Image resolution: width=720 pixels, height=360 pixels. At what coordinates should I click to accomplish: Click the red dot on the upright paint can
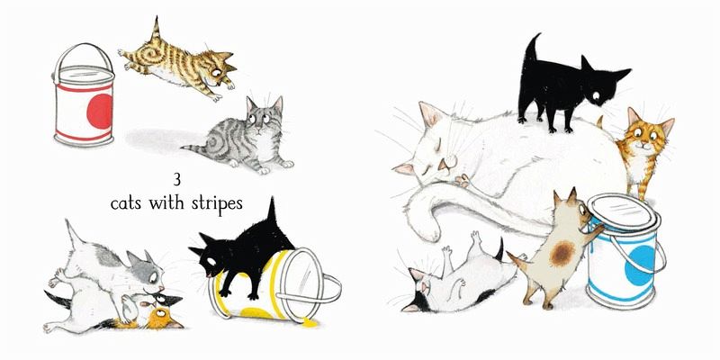pos(100,111)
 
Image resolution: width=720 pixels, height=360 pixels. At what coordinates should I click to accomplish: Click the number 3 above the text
pos(176,179)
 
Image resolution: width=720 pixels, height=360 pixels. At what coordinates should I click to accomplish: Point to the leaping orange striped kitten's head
pos(218,69)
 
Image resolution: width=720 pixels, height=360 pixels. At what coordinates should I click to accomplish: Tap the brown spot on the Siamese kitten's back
pos(562,254)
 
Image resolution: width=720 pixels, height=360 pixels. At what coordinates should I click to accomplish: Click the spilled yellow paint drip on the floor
pos(310,323)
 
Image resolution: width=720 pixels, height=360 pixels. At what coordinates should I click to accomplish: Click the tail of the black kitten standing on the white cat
pos(531,49)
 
